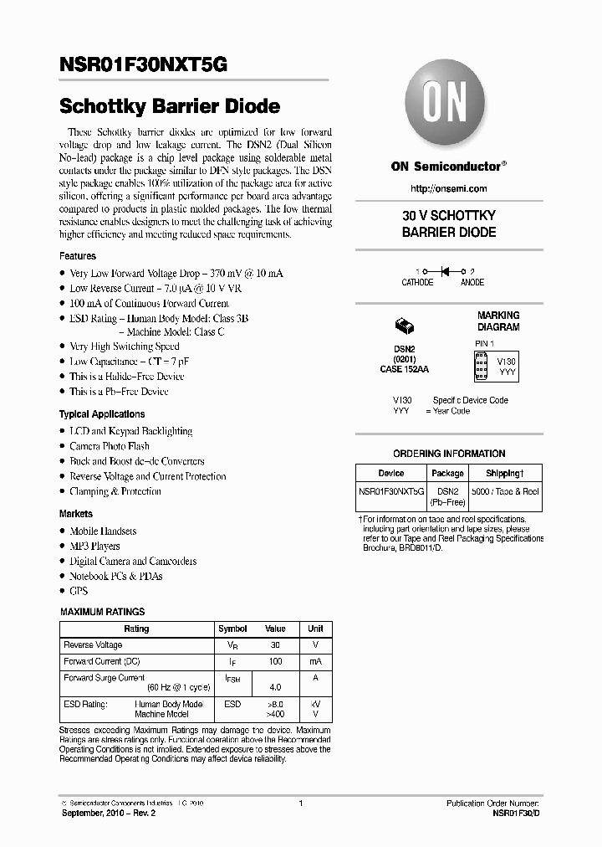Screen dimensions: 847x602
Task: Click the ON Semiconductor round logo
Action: [443, 107]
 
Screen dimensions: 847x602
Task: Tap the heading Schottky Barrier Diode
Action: [170, 107]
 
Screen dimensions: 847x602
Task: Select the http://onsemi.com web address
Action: [449, 188]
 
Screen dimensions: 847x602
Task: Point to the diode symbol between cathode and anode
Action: [446, 272]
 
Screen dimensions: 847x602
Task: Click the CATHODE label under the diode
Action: [417, 283]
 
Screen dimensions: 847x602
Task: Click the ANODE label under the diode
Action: [472, 283]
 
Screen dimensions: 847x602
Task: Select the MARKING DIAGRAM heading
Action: [498, 321]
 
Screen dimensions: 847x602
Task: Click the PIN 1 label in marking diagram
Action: [485, 344]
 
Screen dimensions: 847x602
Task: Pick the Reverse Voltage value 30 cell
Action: [275, 645]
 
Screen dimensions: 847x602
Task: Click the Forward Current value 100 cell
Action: [275, 661]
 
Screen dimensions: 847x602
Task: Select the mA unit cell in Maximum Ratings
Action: [315, 661]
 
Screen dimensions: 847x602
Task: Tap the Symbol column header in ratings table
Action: [232, 629]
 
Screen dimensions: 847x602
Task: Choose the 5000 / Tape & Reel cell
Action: [504, 493]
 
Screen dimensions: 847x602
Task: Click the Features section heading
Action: [78, 256]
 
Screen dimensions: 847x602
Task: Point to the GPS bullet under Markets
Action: [79, 591]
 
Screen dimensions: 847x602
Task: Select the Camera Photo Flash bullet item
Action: [110, 446]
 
